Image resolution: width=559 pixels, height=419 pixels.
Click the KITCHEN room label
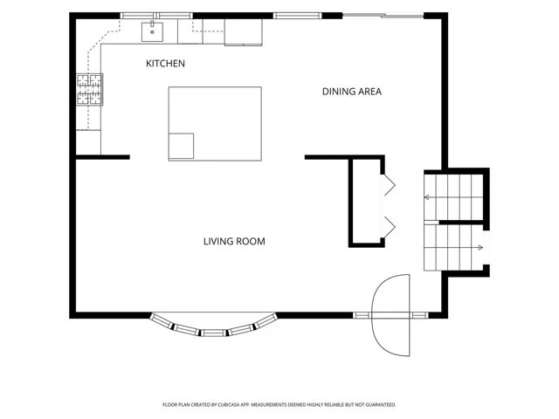pyautogui.click(x=165, y=64)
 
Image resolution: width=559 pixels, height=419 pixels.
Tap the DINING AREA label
pyautogui.click(x=352, y=92)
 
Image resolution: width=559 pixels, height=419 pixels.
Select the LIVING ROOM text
pyautogui.click(x=234, y=242)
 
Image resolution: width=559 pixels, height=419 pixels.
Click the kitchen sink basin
pyautogui.click(x=152, y=32)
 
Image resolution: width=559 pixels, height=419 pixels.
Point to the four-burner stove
pyautogui.click(x=89, y=89)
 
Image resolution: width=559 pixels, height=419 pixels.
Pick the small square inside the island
pyautogui.click(x=181, y=146)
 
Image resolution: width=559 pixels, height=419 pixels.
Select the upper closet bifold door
pyautogui.click(x=389, y=185)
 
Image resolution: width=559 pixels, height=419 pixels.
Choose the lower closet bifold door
pyautogui.click(x=389, y=227)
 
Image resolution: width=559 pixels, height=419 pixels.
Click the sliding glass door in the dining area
pyautogui.click(x=383, y=16)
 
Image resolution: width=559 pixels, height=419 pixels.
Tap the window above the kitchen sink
pyautogui.click(x=156, y=16)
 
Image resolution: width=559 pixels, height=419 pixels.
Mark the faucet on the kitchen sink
pyautogui.click(x=152, y=24)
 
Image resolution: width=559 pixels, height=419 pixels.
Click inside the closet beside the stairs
pyautogui.click(x=367, y=202)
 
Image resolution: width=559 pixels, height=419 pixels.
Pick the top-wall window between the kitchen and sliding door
pyautogui.click(x=297, y=16)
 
